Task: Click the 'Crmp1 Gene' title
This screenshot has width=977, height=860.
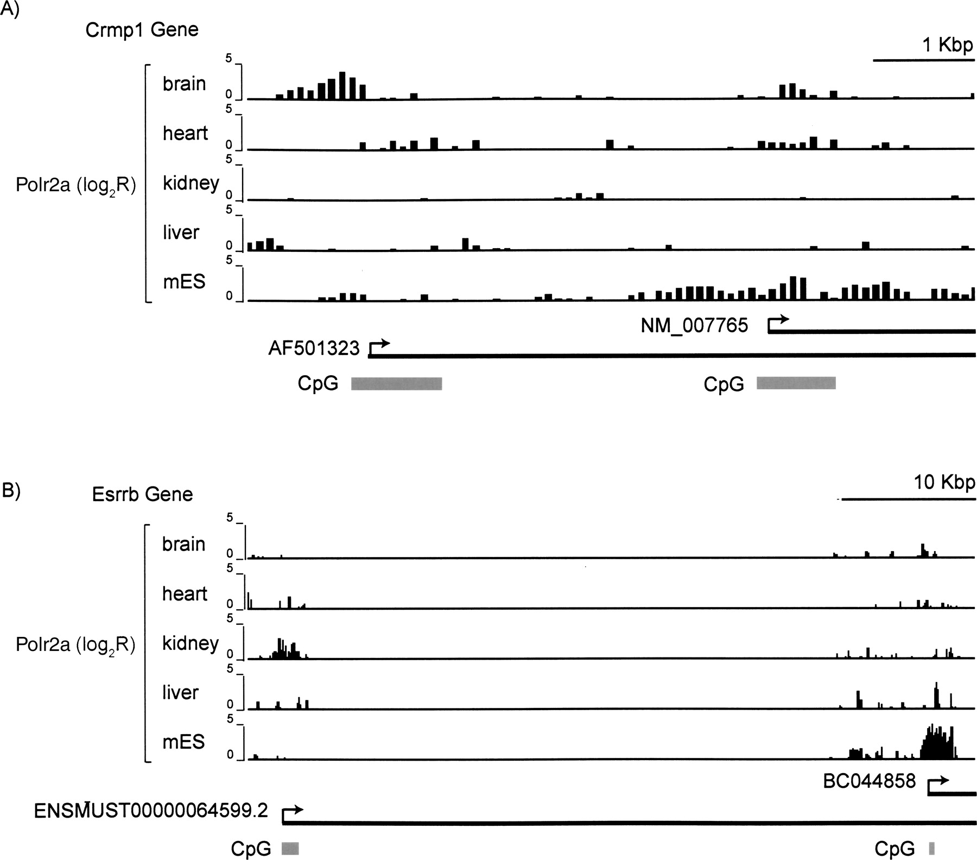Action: pyautogui.click(x=142, y=29)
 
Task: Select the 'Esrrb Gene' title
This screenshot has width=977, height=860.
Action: pyautogui.click(x=142, y=494)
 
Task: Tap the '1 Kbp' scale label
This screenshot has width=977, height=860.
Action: pyautogui.click(x=947, y=45)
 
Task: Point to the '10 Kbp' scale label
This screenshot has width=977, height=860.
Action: pyautogui.click(x=944, y=482)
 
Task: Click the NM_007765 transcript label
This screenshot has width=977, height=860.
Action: pyautogui.click(x=694, y=326)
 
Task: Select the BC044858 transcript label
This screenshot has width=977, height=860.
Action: pyautogui.click(x=869, y=781)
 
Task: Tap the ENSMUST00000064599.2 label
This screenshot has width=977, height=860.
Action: pyautogui.click(x=151, y=811)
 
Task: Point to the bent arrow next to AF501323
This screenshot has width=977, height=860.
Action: pyautogui.click(x=379, y=346)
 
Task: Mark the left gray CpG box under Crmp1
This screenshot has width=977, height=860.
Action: pyautogui.click(x=396, y=384)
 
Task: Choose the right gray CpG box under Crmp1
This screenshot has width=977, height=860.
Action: pyautogui.click(x=796, y=383)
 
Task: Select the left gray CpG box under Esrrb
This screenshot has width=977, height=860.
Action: pyautogui.click(x=290, y=849)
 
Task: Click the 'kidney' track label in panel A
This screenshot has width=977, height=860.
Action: pyautogui.click(x=191, y=183)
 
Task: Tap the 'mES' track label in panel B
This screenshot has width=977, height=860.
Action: pyautogui.click(x=183, y=742)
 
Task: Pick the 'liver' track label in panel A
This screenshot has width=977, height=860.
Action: pyautogui.click(x=181, y=232)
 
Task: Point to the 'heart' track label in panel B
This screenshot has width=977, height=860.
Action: pyautogui.click(x=185, y=594)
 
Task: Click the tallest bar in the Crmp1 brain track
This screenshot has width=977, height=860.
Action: pyautogui.click(x=342, y=86)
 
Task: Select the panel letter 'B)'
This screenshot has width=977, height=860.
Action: pyautogui.click(x=11, y=490)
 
